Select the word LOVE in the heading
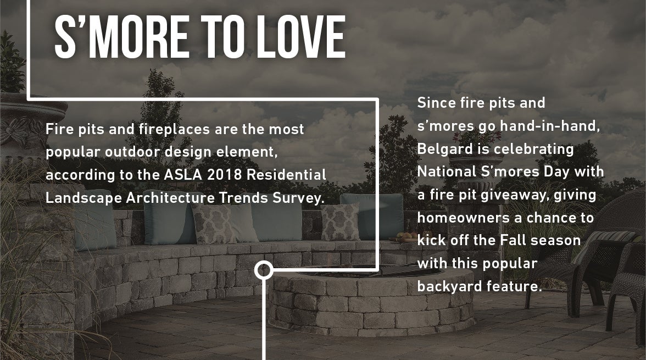click(301, 37)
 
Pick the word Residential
click(286, 175)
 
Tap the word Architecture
click(170, 198)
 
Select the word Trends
click(243, 198)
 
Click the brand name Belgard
click(443, 149)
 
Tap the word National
click(447, 171)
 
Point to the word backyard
click(450, 286)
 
